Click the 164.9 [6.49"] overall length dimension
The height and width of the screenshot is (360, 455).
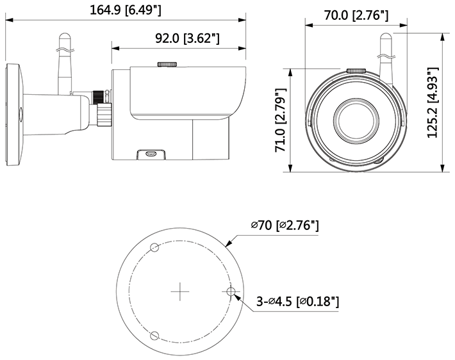pyautogui.click(x=126, y=10)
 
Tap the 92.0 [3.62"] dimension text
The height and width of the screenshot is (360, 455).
pyautogui.click(x=187, y=38)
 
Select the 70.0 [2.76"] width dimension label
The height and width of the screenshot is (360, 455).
pyautogui.click(x=356, y=15)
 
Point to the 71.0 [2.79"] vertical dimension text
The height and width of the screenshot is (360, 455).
pyautogui.click(x=281, y=120)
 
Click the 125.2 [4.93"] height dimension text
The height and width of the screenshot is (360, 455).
pyautogui.click(x=433, y=102)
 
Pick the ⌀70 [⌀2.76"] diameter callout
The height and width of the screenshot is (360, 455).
pyautogui.click(x=285, y=225)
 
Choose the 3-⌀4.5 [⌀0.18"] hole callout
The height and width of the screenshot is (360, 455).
pyautogui.click(x=297, y=302)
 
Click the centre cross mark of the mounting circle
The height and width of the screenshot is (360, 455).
pyautogui.click(x=180, y=291)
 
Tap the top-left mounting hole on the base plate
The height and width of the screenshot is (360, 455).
pyautogui.click(x=154, y=247)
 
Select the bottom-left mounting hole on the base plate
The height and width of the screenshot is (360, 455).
pyautogui.click(x=154, y=336)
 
